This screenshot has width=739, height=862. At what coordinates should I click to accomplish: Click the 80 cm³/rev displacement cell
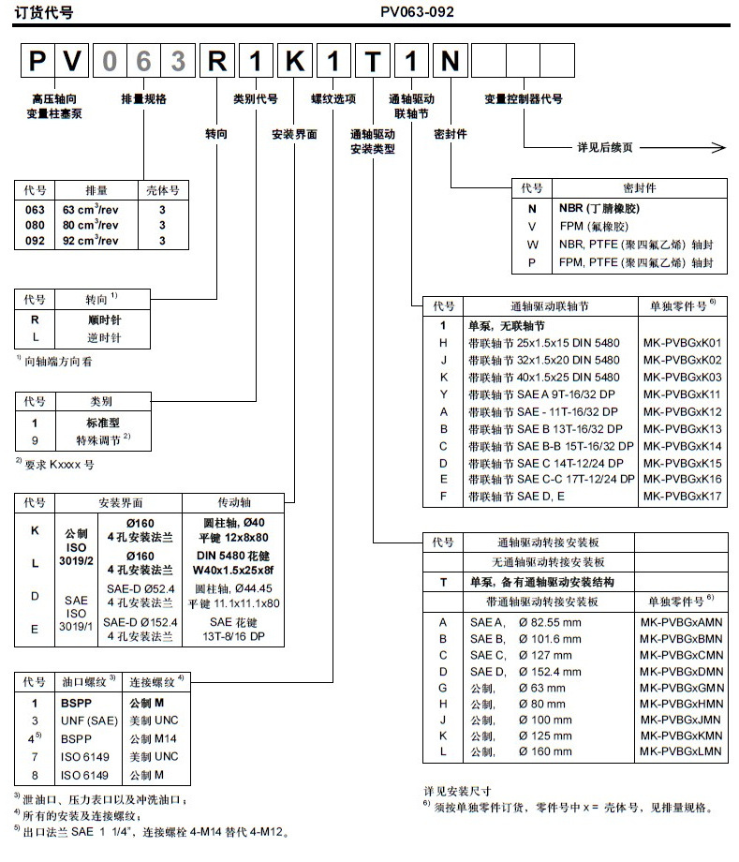[x=91, y=225]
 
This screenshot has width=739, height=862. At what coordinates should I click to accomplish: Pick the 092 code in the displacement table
[x=33, y=241]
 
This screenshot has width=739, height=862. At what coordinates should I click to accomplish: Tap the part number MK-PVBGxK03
[x=682, y=377]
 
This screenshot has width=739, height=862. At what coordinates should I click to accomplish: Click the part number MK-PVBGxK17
[x=682, y=497]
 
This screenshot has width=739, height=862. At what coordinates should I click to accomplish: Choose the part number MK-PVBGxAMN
[x=682, y=622]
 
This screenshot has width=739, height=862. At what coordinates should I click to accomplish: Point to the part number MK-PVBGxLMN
[x=682, y=751]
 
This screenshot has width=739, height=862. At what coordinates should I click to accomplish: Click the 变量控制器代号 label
[x=524, y=97]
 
